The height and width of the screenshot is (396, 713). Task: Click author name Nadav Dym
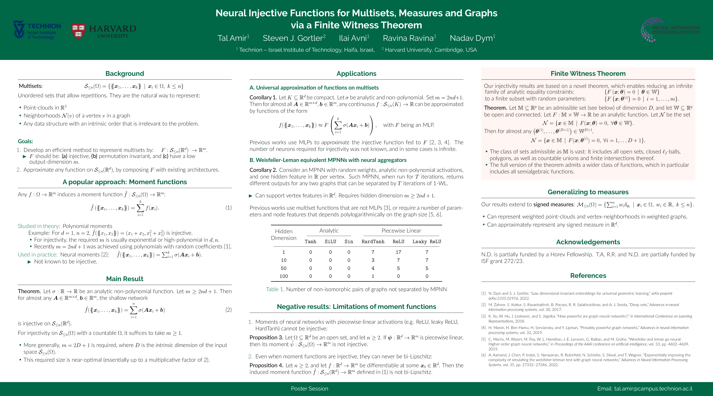(472, 38)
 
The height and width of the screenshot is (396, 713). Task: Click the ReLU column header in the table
(398, 242)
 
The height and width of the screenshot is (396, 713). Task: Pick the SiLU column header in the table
(330, 242)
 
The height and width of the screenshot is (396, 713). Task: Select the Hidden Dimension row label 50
(283, 268)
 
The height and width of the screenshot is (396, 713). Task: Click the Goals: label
(26, 141)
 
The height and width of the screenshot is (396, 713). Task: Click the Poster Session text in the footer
(309, 388)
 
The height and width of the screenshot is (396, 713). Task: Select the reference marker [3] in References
(483, 316)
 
